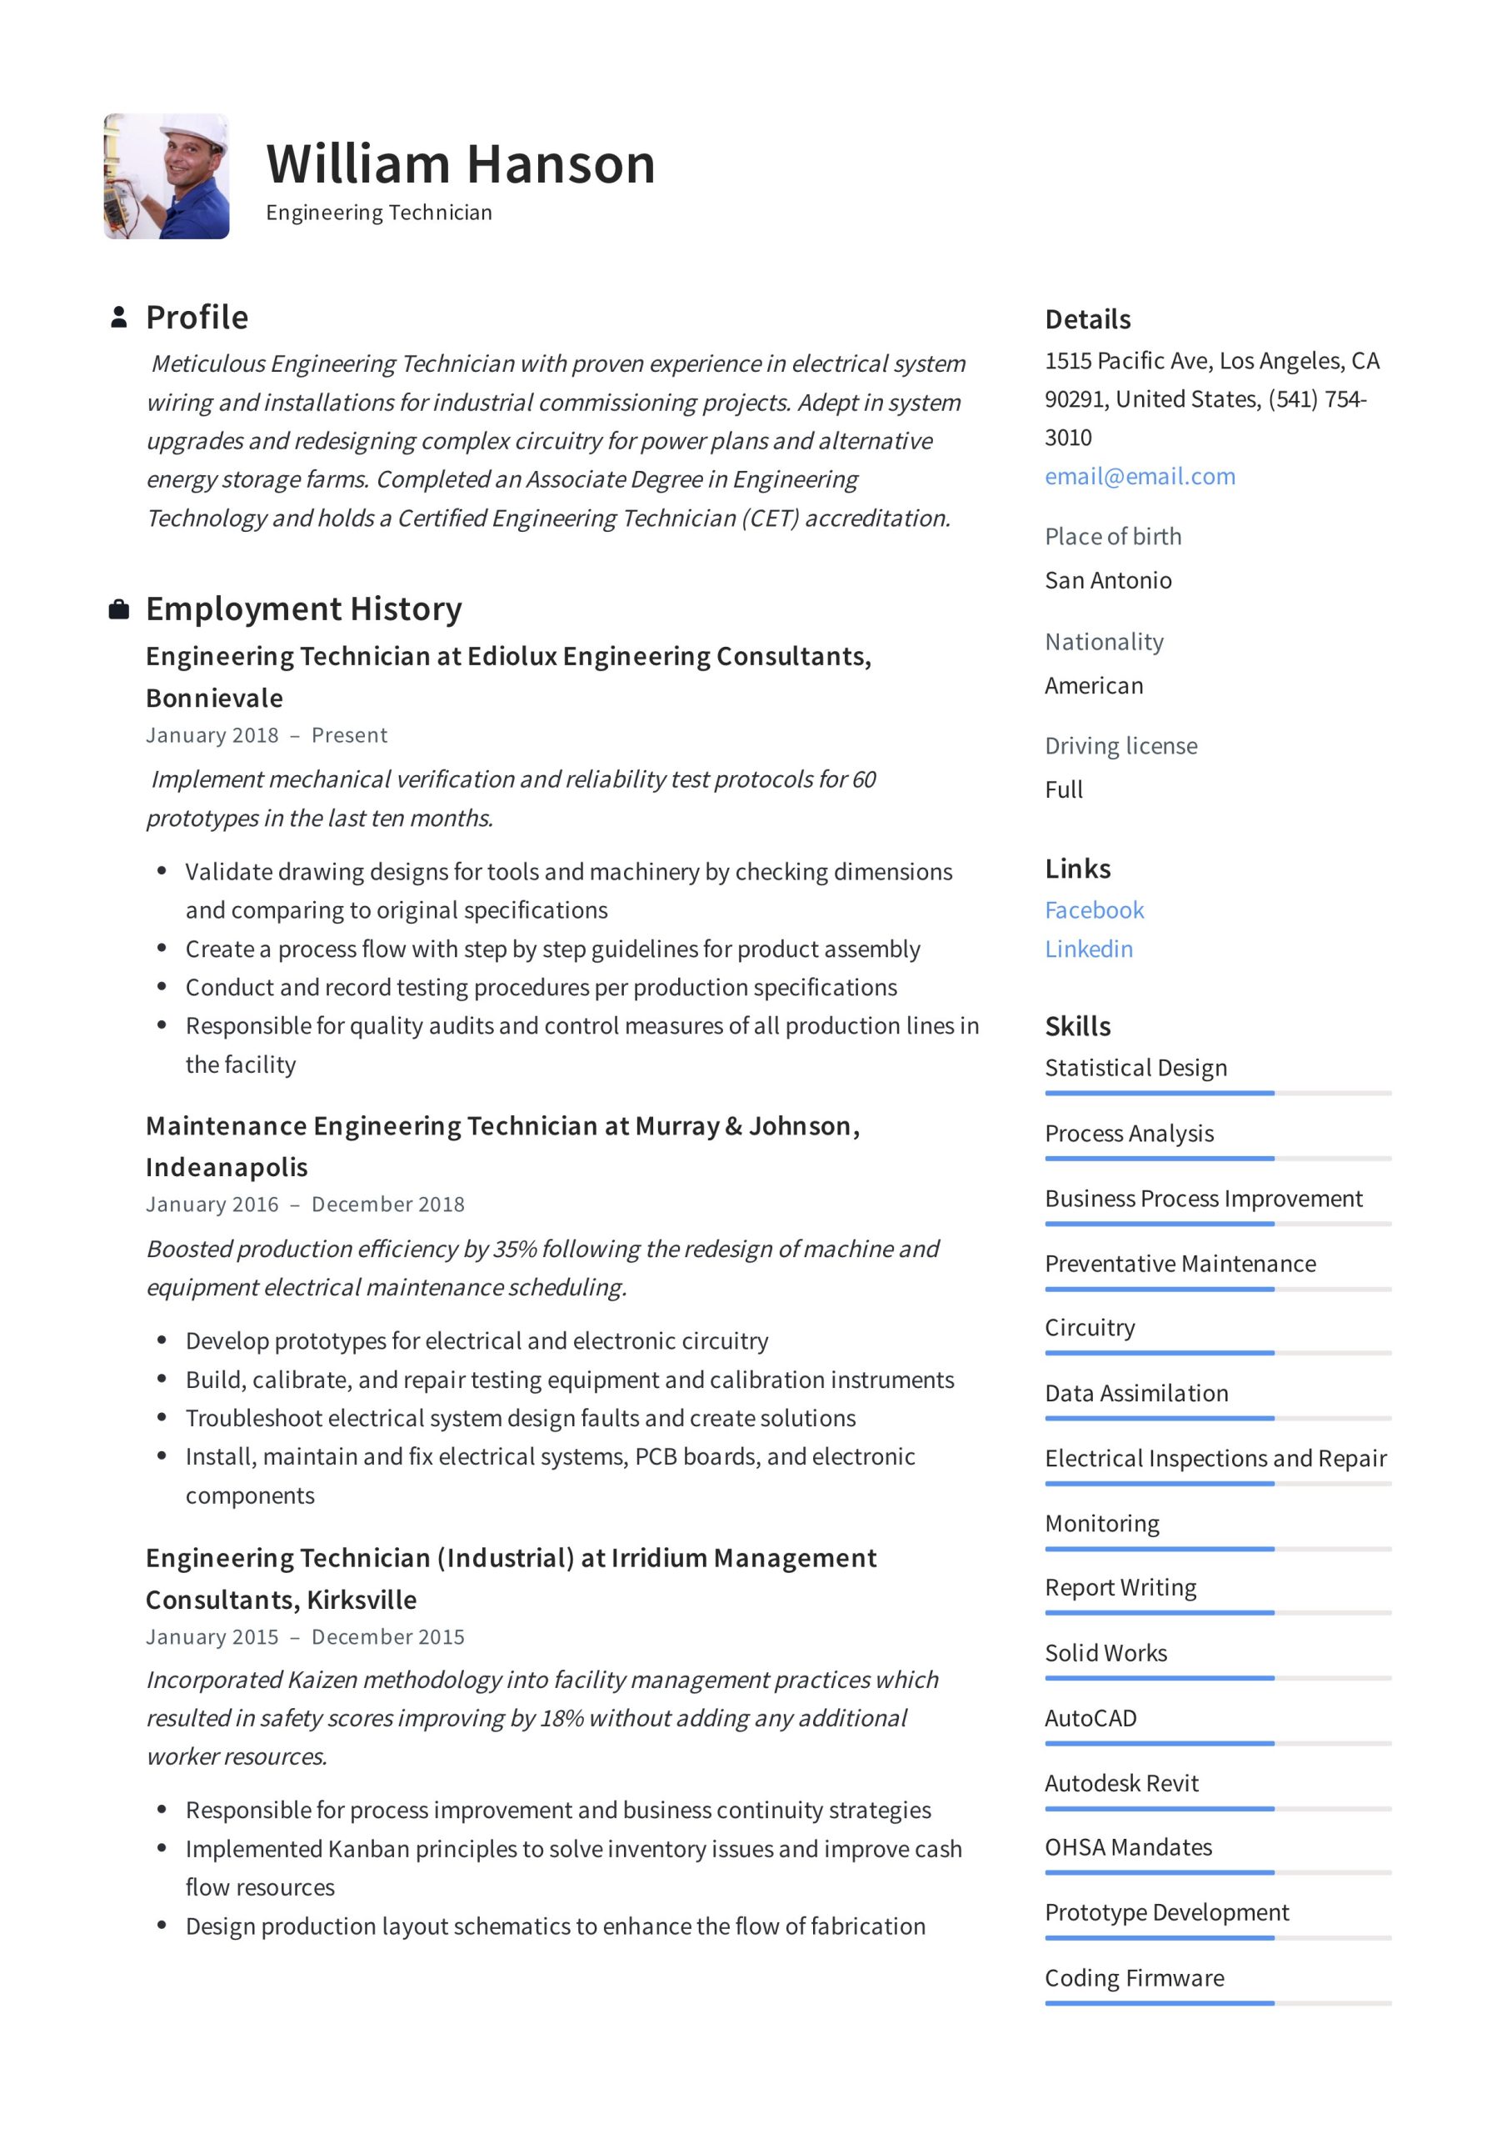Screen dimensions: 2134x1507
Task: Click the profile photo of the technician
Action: pos(167,177)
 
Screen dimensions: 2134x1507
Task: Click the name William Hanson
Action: pos(461,164)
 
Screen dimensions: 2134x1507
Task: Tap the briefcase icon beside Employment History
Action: pos(119,609)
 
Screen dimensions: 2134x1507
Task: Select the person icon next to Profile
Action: pos(119,317)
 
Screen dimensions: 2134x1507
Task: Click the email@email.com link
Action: pos(1140,476)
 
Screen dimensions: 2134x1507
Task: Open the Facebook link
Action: pos(1094,910)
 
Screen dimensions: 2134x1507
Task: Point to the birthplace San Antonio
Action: pos(1107,580)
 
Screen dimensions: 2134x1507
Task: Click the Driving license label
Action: pos(1120,745)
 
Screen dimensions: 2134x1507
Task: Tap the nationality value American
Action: pos(1094,685)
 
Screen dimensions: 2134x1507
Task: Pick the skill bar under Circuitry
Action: pos(1217,1353)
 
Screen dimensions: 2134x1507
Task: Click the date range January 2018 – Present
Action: pos(266,735)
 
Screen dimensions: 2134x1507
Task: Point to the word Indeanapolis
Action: pos(227,1167)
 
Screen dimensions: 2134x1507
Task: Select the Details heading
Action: pos(1087,320)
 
